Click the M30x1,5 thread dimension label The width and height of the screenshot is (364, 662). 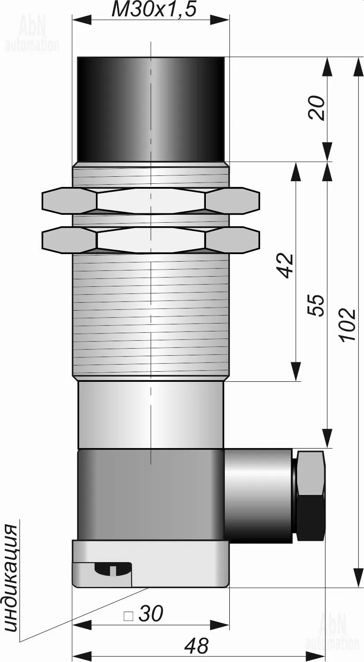pyautogui.click(x=154, y=10)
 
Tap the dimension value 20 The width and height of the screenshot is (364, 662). pyautogui.click(x=316, y=107)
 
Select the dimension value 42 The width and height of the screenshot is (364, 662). pyautogui.click(x=285, y=266)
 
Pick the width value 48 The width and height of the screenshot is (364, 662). pyautogui.click(x=197, y=646)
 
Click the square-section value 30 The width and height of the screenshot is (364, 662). pyautogui.click(x=151, y=613)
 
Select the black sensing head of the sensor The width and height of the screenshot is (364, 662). pyautogui.click(x=151, y=109)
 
